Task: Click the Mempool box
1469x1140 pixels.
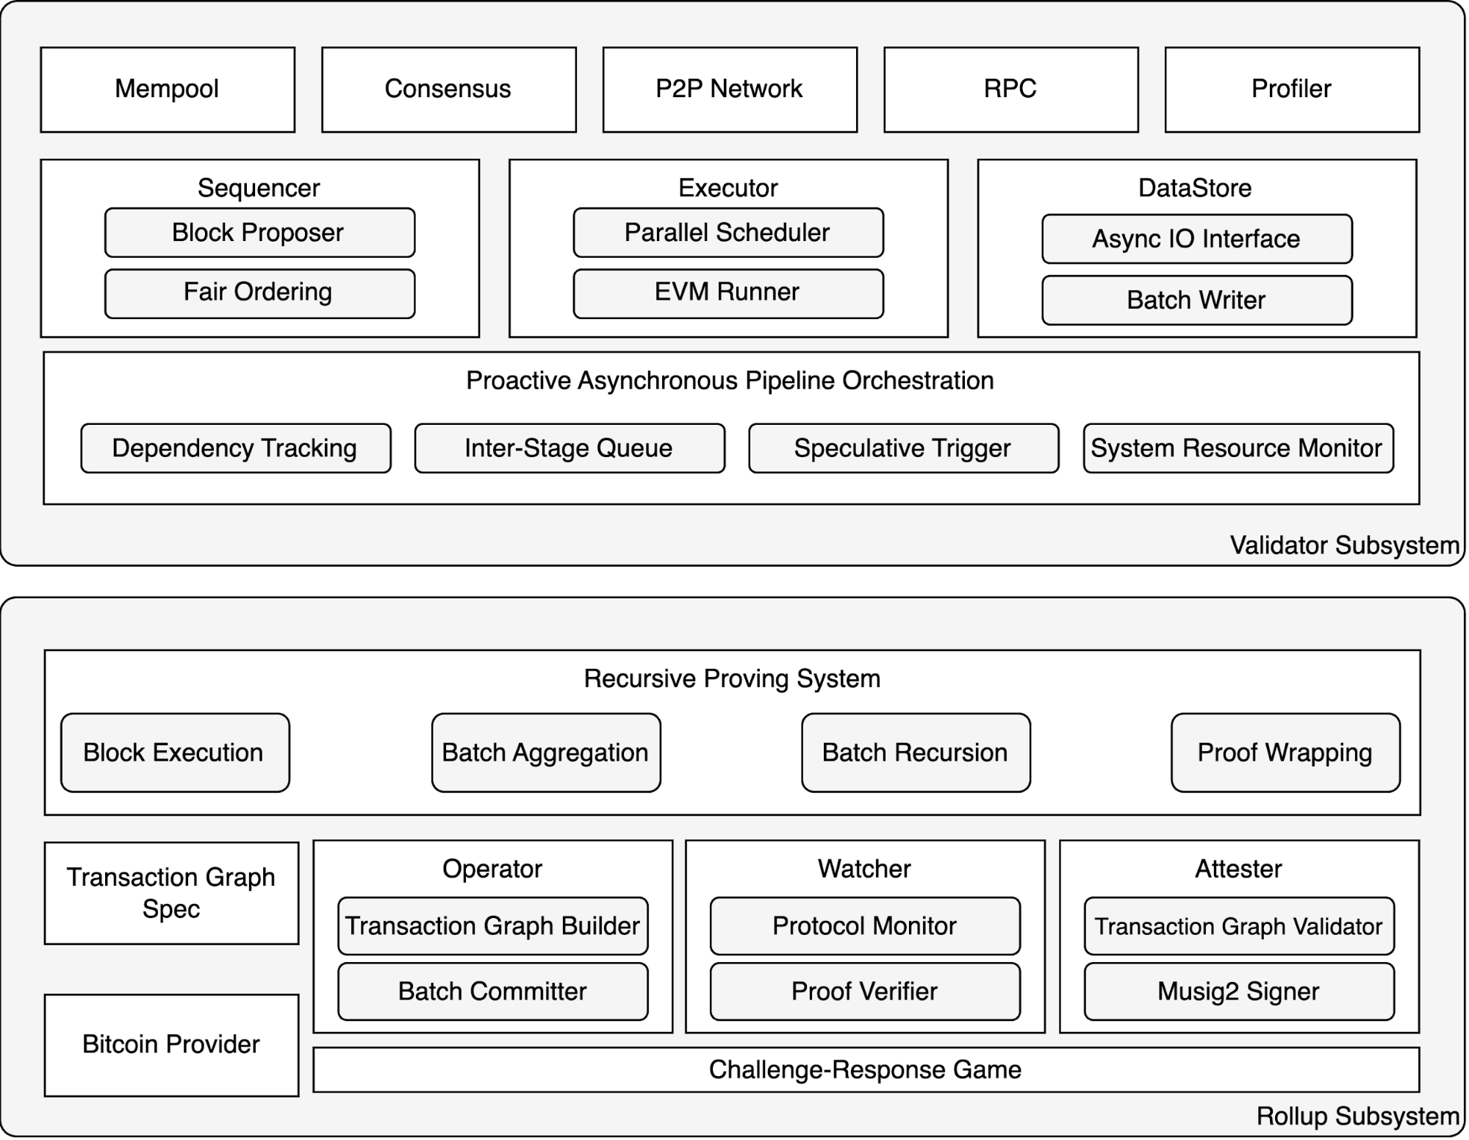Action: (168, 90)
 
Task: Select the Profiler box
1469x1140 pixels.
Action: (1291, 90)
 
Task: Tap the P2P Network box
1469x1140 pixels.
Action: (729, 90)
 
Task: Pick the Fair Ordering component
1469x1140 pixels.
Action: (259, 293)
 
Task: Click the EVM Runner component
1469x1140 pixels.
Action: (728, 293)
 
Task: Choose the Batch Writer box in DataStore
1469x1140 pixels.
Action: (1196, 300)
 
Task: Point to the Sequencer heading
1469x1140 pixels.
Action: (259, 188)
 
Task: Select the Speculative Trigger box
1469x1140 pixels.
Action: (903, 448)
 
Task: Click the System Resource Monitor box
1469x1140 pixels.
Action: (1238, 448)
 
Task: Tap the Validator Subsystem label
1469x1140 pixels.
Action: (1344, 545)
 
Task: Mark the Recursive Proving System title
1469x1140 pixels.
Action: (732, 678)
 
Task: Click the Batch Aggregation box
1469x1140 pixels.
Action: (545, 753)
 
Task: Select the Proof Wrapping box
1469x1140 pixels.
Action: (1285, 753)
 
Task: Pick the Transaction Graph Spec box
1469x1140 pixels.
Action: (171, 893)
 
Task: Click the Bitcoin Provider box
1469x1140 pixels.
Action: (171, 1044)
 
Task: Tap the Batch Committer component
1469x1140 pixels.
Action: (492, 992)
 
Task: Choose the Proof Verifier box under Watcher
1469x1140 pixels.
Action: (864, 992)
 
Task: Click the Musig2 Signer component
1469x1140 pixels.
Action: (1238, 992)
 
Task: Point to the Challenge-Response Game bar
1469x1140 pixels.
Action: (865, 1070)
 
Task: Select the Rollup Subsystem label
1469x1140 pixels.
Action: (1357, 1116)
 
